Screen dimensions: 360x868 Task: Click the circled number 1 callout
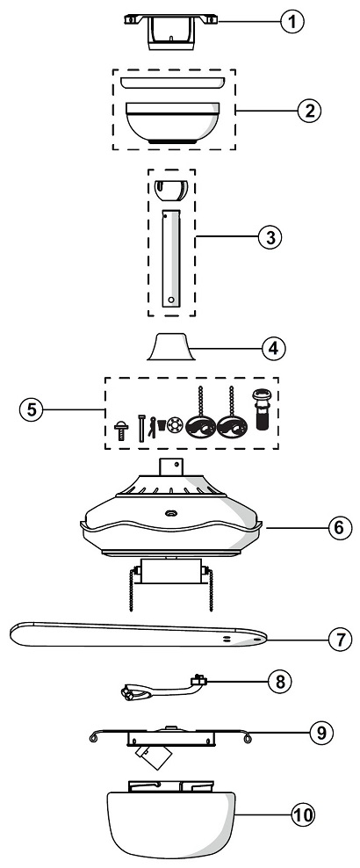point(292,22)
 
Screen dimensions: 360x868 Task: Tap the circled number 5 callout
point(31,410)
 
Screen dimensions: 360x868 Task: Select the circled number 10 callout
point(303,815)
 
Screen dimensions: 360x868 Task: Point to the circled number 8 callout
point(280,682)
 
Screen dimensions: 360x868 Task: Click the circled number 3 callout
point(270,237)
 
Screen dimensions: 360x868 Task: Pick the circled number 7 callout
point(340,640)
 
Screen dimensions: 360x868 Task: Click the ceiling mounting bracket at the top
point(170,33)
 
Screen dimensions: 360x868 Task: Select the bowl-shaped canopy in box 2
point(172,124)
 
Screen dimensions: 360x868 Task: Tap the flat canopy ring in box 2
point(172,83)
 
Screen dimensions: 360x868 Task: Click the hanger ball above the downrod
point(171,191)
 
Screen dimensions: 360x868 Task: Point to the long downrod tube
point(171,258)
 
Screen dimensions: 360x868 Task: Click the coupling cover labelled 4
point(171,346)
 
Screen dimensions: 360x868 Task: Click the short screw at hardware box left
point(121,430)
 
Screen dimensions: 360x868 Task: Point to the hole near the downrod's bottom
point(171,300)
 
